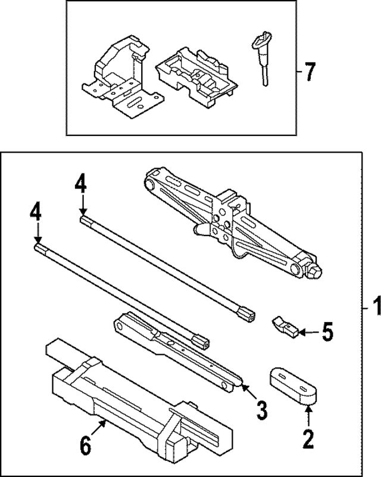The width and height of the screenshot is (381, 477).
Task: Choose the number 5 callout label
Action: (327, 332)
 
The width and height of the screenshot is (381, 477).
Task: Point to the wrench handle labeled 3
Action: (179, 352)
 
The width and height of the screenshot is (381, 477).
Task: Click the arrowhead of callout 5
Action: (301, 332)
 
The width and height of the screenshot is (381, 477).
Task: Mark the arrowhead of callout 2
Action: (307, 407)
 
